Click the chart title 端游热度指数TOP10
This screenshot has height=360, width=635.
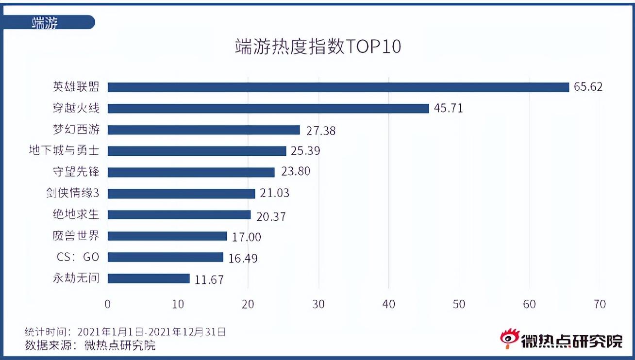click(x=317, y=47)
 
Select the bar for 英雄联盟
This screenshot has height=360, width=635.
click(x=338, y=87)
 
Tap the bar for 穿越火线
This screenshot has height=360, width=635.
click(x=268, y=108)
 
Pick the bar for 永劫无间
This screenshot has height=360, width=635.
click(x=149, y=278)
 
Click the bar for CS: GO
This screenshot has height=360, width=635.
click(x=165, y=257)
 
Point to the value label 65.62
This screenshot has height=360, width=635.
click(x=588, y=87)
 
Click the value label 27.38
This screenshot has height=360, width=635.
click(x=321, y=130)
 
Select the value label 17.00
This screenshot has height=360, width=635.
click(x=246, y=236)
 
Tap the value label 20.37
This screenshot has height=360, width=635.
click(x=271, y=215)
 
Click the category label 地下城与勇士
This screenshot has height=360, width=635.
click(x=64, y=151)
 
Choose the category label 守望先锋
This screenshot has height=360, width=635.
click(x=76, y=172)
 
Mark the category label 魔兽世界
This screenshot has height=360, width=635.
click(x=76, y=236)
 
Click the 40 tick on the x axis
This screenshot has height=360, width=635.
click(x=389, y=304)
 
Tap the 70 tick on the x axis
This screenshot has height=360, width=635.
click(x=600, y=304)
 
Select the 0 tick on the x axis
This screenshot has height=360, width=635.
click(x=107, y=304)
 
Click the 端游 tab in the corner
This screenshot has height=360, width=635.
click(x=45, y=22)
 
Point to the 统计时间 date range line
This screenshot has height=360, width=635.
click(x=125, y=332)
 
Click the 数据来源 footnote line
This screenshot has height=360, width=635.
click(x=90, y=345)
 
